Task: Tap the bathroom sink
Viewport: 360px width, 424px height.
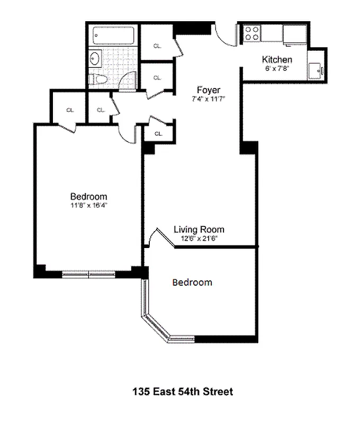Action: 95,58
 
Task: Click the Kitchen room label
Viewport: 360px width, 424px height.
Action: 277,59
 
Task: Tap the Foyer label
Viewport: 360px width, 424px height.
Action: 209,90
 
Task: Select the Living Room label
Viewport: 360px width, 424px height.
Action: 199,229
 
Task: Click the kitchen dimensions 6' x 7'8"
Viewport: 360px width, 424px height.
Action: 277,68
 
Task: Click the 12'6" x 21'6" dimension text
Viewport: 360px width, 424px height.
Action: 199,238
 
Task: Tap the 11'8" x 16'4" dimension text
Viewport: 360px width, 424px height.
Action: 89,205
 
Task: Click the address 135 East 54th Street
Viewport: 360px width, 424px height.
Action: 183,392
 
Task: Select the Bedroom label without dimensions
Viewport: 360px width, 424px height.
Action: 192,282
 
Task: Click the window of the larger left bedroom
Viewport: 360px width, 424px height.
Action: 89,274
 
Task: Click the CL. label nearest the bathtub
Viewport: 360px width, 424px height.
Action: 157,46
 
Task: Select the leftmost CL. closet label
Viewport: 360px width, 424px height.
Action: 69,110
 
